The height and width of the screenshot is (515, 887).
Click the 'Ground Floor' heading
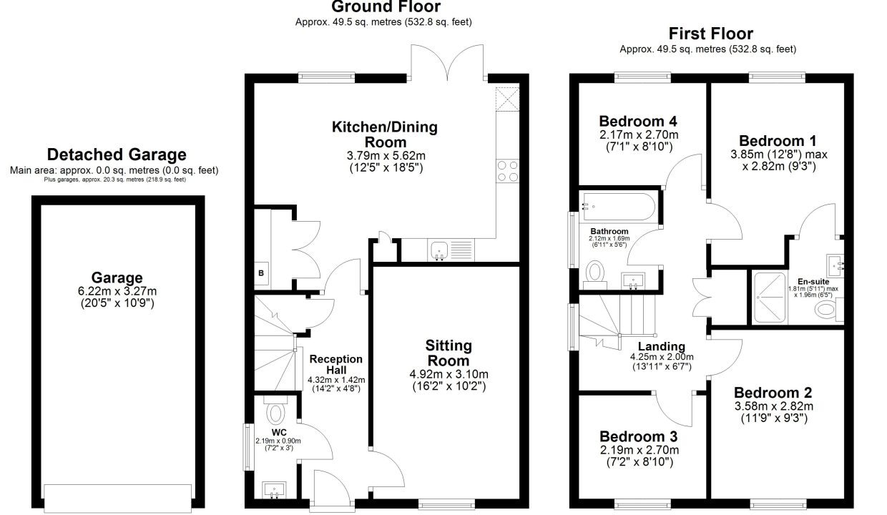[x=386, y=6]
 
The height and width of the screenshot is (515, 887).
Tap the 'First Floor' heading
[x=711, y=34]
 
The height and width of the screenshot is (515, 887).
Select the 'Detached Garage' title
[x=117, y=154]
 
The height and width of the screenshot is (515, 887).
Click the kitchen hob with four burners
[x=508, y=171]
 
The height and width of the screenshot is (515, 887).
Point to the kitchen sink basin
[x=439, y=250]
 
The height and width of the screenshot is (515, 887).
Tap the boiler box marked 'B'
[x=261, y=273]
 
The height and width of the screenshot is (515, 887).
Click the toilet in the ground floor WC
[x=275, y=411]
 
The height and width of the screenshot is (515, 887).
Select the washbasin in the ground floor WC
[x=274, y=490]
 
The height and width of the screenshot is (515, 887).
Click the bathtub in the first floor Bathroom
[x=617, y=207]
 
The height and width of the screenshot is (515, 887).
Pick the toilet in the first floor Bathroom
[x=594, y=275]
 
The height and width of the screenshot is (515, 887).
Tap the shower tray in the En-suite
[x=770, y=297]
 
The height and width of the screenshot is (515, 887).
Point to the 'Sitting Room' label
[x=449, y=353]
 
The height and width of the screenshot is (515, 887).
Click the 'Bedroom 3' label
[x=638, y=436]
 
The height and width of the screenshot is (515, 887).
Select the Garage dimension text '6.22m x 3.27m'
[x=117, y=291]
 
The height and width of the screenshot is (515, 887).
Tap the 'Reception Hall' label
[x=335, y=365]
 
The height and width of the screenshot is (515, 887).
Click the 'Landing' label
[x=661, y=346]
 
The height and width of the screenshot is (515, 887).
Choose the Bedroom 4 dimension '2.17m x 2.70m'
[x=639, y=134]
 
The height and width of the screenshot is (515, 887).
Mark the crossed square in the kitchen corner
[x=507, y=99]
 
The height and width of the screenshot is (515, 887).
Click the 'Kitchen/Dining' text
[x=385, y=127]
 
